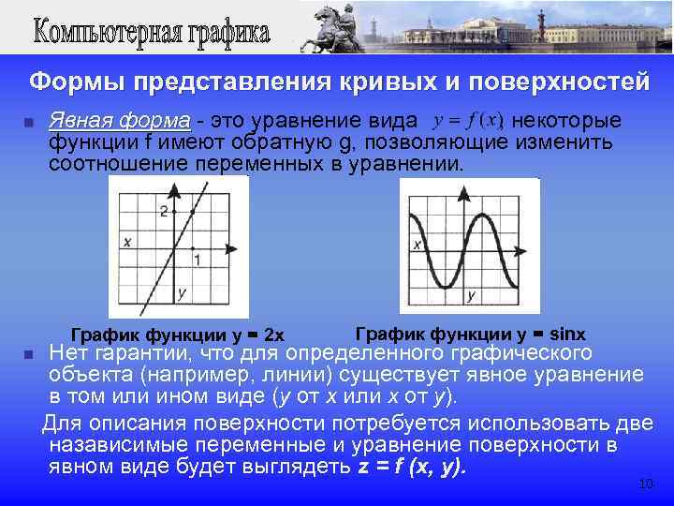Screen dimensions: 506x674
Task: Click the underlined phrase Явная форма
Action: pyautogui.click(x=119, y=122)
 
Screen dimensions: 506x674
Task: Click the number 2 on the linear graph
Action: pyautogui.click(x=164, y=211)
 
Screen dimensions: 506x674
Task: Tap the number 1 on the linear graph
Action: pyautogui.click(x=197, y=258)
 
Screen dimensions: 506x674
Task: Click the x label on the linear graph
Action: pyautogui.click(x=125, y=242)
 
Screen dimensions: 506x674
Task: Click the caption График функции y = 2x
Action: pyautogui.click(x=178, y=335)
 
